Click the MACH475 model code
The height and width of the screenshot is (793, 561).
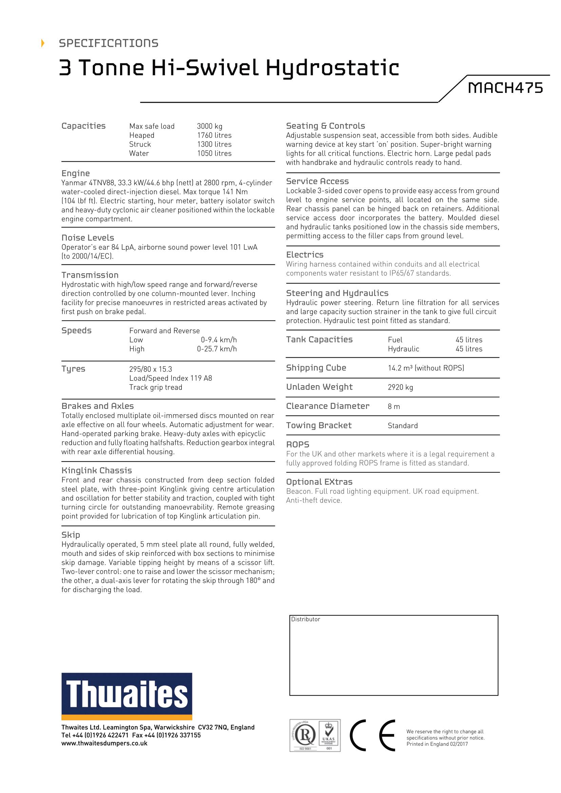[505, 88]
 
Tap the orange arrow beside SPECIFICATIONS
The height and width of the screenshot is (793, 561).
[43, 43]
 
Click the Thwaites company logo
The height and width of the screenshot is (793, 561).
[127, 696]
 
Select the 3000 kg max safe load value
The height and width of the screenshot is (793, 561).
[210, 126]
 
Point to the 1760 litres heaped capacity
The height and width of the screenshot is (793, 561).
[214, 135]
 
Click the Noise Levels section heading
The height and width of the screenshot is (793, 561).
[88, 238]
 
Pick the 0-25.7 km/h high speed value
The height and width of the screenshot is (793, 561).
[217, 349]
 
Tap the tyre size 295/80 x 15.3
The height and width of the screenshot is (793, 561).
[151, 369]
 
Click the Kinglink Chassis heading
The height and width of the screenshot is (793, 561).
[97, 471]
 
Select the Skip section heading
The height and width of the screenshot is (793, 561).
[71, 535]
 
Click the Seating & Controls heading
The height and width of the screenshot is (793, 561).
[325, 126]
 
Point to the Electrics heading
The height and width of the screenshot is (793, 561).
[305, 255]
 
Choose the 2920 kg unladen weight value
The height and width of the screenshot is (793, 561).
[400, 387]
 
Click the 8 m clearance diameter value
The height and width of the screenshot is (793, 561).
[394, 407]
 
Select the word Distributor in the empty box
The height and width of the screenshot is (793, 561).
[306, 619]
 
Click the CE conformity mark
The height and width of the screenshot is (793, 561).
[373, 735]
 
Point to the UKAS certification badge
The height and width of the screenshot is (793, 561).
[329, 735]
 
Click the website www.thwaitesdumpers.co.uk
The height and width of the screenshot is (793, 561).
[104, 743]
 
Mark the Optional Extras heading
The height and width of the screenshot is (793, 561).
[319, 482]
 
